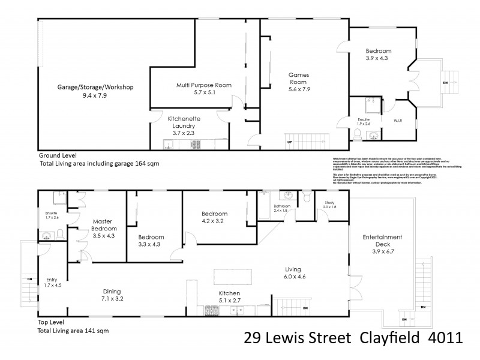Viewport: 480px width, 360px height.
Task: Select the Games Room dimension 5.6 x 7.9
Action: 298,89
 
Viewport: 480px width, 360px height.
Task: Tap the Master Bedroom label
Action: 104,224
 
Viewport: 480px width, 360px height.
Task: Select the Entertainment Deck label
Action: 382,241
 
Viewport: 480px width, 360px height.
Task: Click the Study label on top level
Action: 329,203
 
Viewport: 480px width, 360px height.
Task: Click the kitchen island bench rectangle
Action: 233,277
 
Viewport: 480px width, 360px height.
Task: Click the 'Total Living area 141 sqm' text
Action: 74,330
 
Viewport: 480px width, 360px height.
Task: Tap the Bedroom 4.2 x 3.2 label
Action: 214,217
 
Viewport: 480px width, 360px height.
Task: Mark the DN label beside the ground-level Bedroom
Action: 445,83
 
